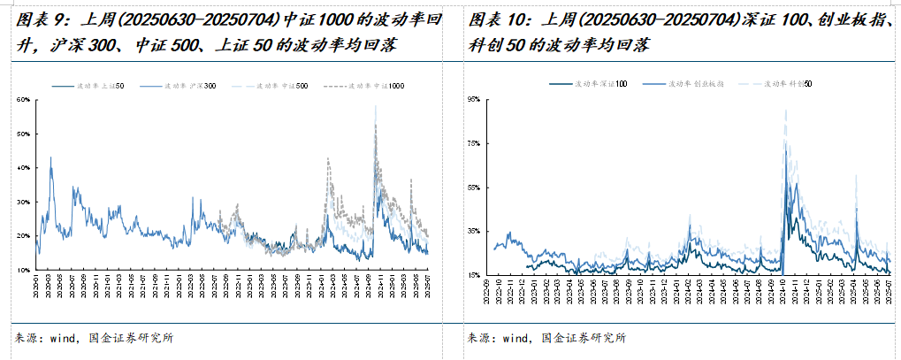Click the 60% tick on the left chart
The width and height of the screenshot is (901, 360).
click(24, 100)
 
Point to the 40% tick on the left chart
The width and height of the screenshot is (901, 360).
click(24, 168)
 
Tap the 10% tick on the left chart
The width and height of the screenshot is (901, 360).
click(24, 270)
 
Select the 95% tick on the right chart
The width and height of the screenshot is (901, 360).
click(472, 100)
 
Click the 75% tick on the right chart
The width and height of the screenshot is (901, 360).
click(472, 143)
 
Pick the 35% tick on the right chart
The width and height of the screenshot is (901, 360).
click(472, 231)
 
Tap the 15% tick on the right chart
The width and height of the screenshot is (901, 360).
click(472, 275)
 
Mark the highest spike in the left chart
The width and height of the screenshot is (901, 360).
click(376, 107)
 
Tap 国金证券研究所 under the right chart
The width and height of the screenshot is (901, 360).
click(584, 338)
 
